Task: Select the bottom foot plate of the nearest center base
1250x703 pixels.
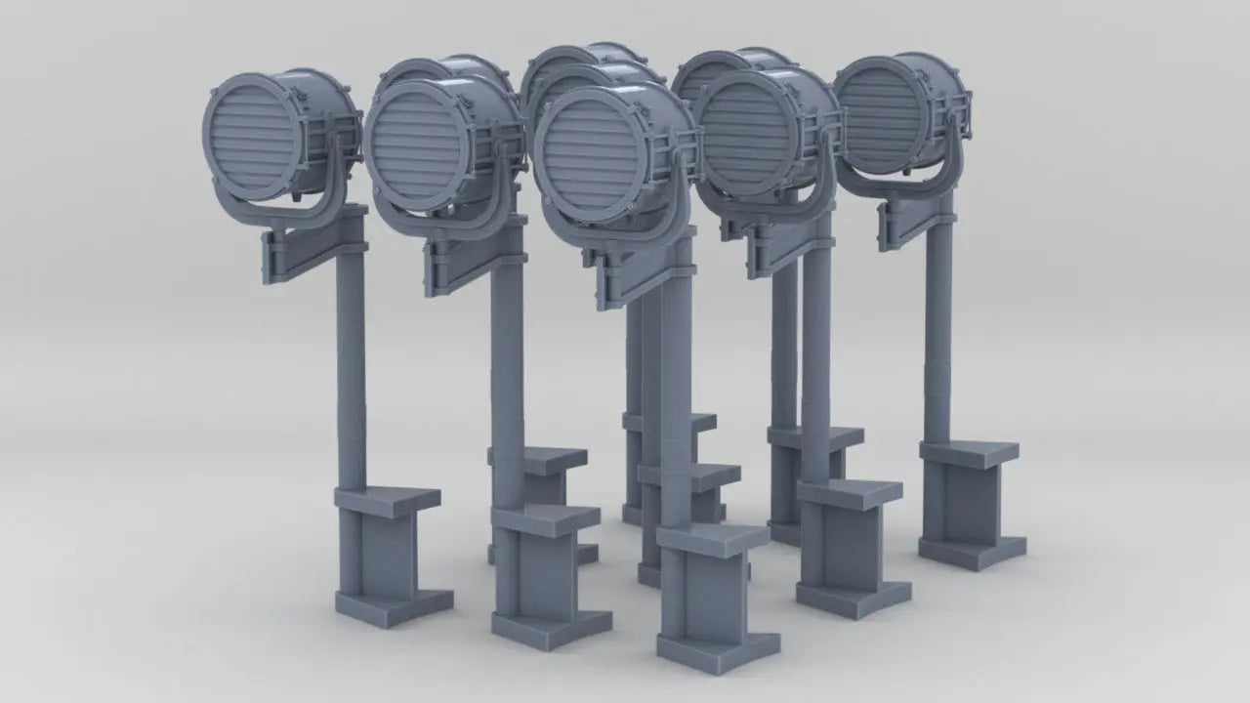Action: click(x=718, y=649)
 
